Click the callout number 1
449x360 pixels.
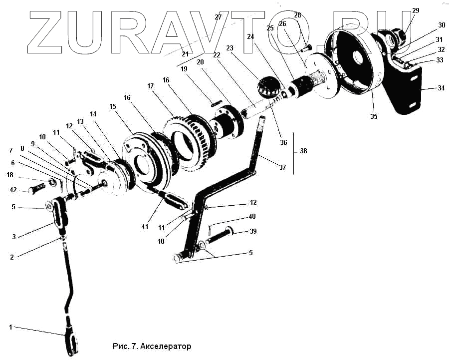(x=10, y=327)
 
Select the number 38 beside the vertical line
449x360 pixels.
(x=303, y=151)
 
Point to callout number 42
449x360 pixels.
(x=13, y=190)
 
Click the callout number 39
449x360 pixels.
(x=253, y=232)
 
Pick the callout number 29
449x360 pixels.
(x=416, y=10)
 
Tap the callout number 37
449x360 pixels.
(x=282, y=167)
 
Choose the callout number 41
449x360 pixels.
(x=145, y=226)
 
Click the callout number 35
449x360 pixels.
(x=374, y=116)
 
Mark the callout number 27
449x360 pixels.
(x=218, y=17)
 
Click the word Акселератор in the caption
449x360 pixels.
(x=166, y=346)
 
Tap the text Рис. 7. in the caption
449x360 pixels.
(x=126, y=346)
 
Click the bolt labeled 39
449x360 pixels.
(x=220, y=236)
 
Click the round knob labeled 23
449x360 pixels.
(x=269, y=88)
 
